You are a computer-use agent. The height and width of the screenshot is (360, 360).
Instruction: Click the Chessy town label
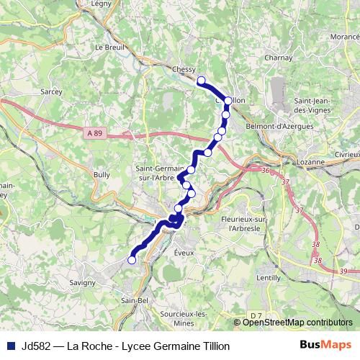(x=185, y=69)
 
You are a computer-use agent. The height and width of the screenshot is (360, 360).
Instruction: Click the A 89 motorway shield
(x=93, y=132)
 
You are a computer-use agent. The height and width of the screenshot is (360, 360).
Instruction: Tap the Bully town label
(x=102, y=174)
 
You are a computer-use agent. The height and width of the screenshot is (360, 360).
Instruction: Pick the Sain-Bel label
(x=135, y=300)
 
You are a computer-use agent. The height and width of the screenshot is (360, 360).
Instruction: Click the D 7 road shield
(x=257, y=315)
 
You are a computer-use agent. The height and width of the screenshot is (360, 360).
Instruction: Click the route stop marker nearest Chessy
(x=201, y=81)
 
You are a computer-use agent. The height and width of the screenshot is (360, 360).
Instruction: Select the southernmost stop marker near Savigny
(x=132, y=261)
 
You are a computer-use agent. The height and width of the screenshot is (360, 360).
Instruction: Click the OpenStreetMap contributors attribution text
(x=297, y=323)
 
